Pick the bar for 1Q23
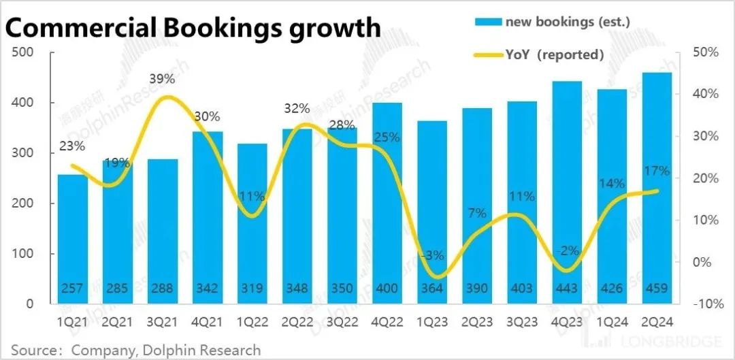pyautogui.click(x=432, y=212)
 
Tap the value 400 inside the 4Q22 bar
pyautogui.click(x=387, y=289)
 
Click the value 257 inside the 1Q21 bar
pyautogui.click(x=72, y=289)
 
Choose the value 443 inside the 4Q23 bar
pyautogui.click(x=567, y=289)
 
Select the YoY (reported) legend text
pyautogui.click(x=554, y=55)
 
